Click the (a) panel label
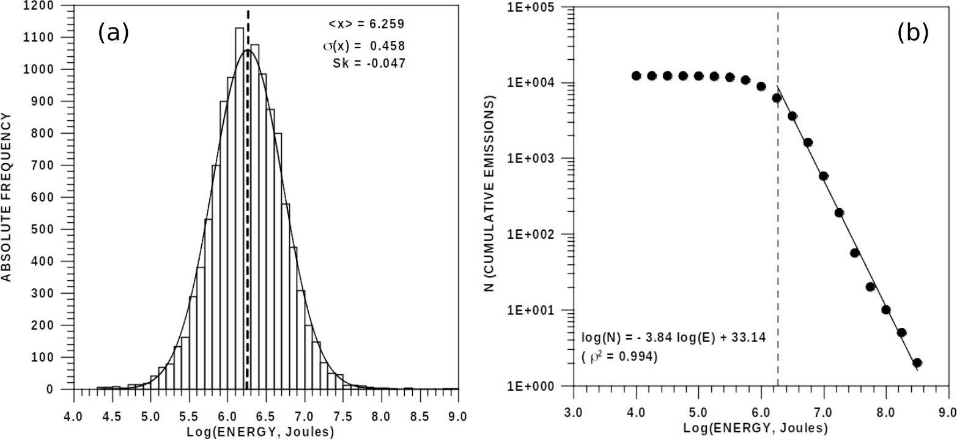(113, 33)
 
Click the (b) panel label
(912, 33)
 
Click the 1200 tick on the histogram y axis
(56, 6)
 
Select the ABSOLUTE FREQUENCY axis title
(7, 197)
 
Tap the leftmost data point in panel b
(636, 76)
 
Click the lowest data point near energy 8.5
(917, 363)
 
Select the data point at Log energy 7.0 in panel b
(823, 176)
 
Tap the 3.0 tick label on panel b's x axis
(574, 402)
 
